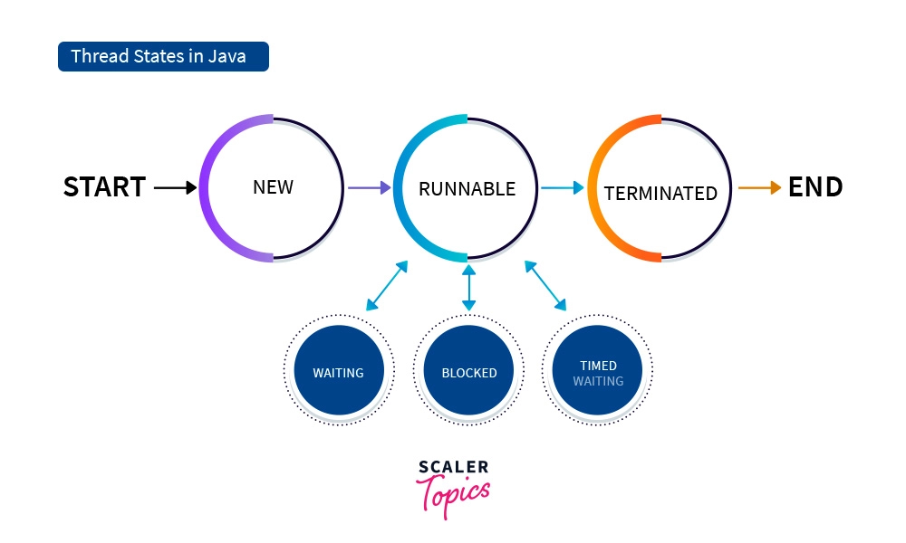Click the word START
click(x=104, y=187)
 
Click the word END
click(x=815, y=187)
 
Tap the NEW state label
click(x=273, y=187)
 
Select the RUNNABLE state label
click(x=467, y=189)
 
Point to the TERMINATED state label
click(x=660, y=194)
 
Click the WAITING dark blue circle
click(x=339, y=372)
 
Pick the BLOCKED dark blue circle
click(x=468, y=372)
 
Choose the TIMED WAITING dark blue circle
click(x=598, y=372)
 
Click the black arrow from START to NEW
click(x=175, y=188)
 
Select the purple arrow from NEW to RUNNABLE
click(x=369, y=188)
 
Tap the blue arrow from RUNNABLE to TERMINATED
click(x=563, y=188)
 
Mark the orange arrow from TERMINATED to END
click(x=759, y=188)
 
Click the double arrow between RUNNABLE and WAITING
click(x=386, y=286)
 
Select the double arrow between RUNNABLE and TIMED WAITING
click(x=545, y=286)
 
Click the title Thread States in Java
click(x=163, y=57)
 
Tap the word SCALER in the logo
click(x=453, y=467)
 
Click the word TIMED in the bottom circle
click(x=598, y=366)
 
